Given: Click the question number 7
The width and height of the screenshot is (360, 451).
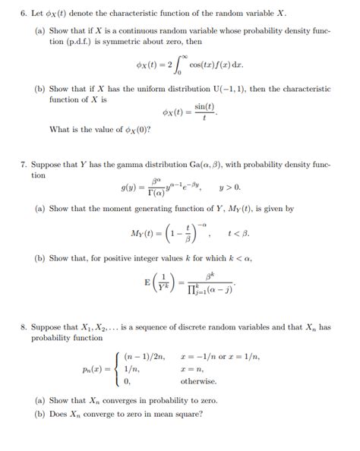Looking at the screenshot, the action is tap(24, 164).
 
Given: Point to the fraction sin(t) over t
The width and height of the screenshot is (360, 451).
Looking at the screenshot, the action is tap(204, 113).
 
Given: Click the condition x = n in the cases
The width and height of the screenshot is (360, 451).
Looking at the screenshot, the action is tap(193, 368).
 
